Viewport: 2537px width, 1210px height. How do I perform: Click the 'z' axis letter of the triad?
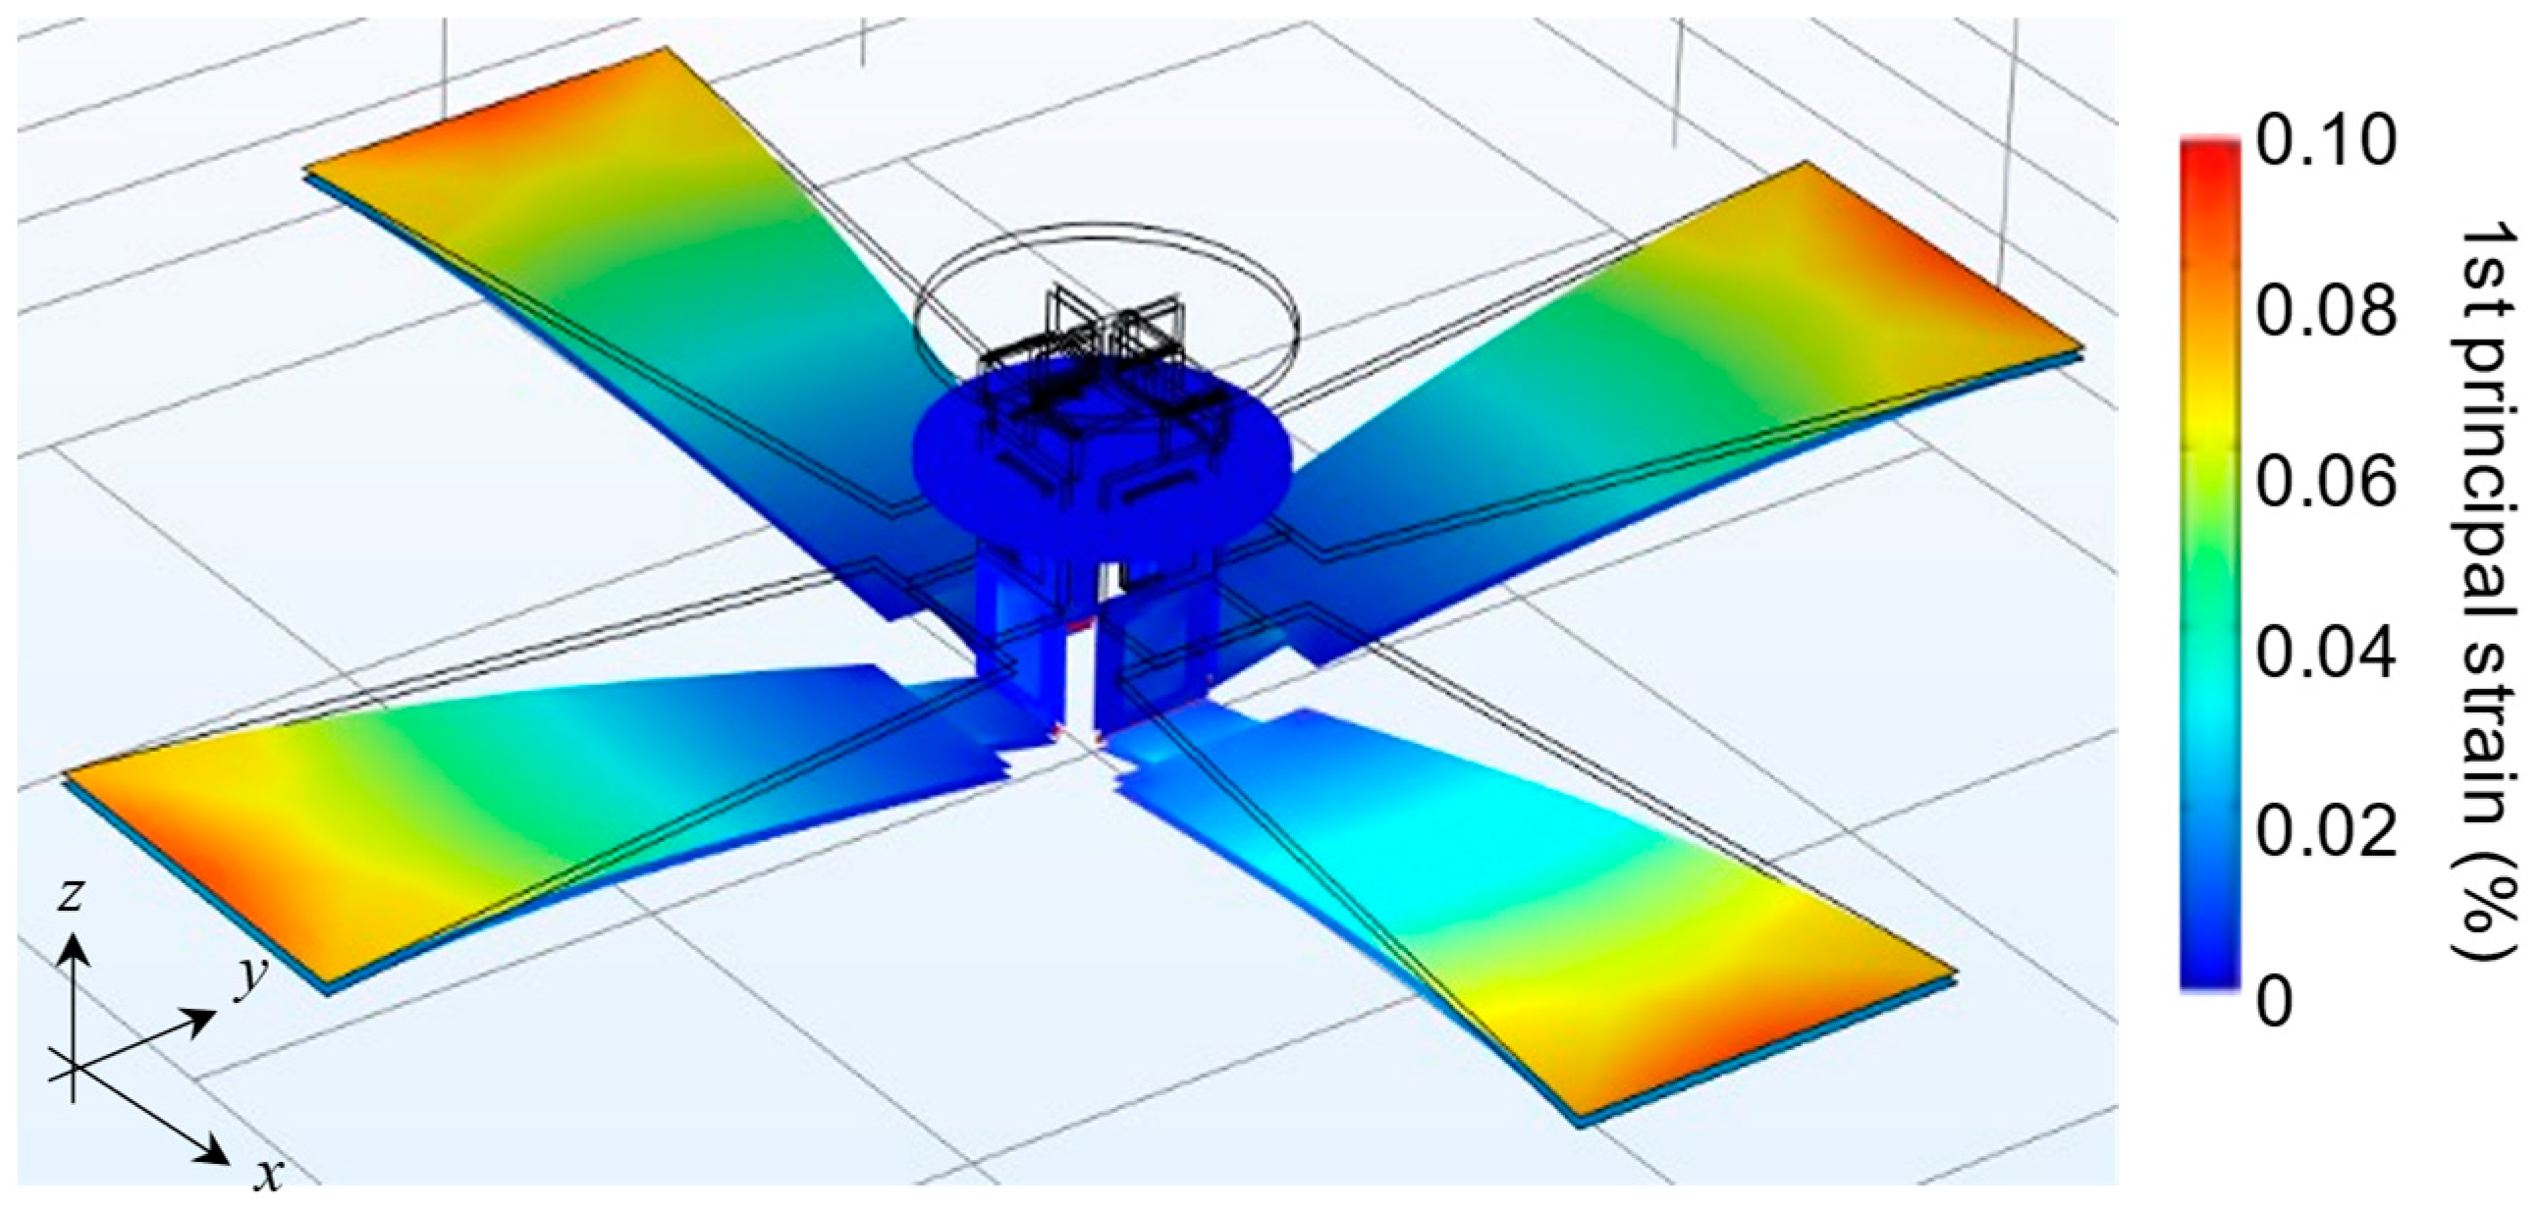[x=68, y=897]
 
